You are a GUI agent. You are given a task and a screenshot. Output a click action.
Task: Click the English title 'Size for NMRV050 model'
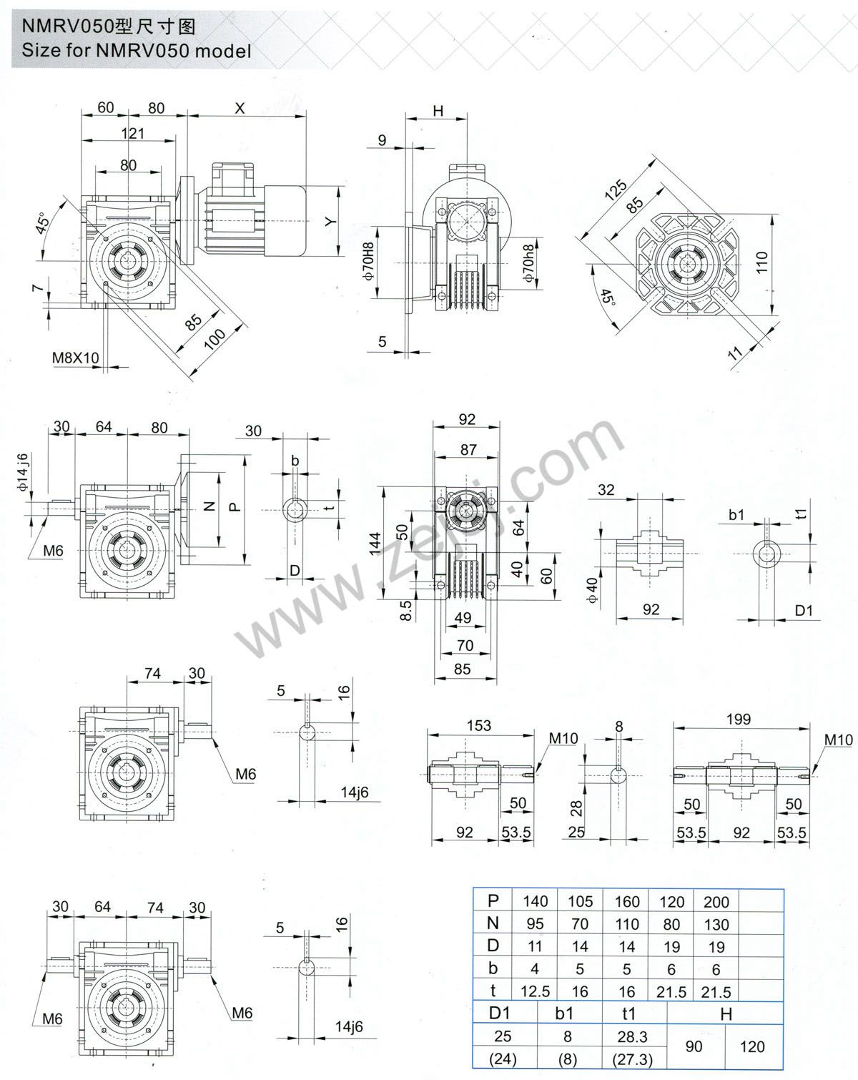137,51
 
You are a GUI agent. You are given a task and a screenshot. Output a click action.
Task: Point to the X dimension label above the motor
240,108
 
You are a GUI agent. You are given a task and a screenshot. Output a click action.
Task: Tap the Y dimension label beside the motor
330,222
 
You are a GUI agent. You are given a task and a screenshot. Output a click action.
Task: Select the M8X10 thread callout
76,357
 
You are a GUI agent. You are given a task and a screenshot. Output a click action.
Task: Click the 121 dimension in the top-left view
132,133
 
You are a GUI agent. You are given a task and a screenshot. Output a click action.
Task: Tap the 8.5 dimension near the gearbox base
405,610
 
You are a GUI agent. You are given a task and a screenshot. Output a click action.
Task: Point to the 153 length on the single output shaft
479,725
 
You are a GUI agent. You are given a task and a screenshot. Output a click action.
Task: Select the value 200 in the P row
716,902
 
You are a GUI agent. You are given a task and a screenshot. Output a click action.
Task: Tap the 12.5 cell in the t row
535,991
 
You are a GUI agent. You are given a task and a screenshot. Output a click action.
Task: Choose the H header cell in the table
726,1014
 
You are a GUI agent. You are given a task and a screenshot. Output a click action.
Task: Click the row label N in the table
493,924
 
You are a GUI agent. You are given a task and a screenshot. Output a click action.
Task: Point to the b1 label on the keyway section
736,515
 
